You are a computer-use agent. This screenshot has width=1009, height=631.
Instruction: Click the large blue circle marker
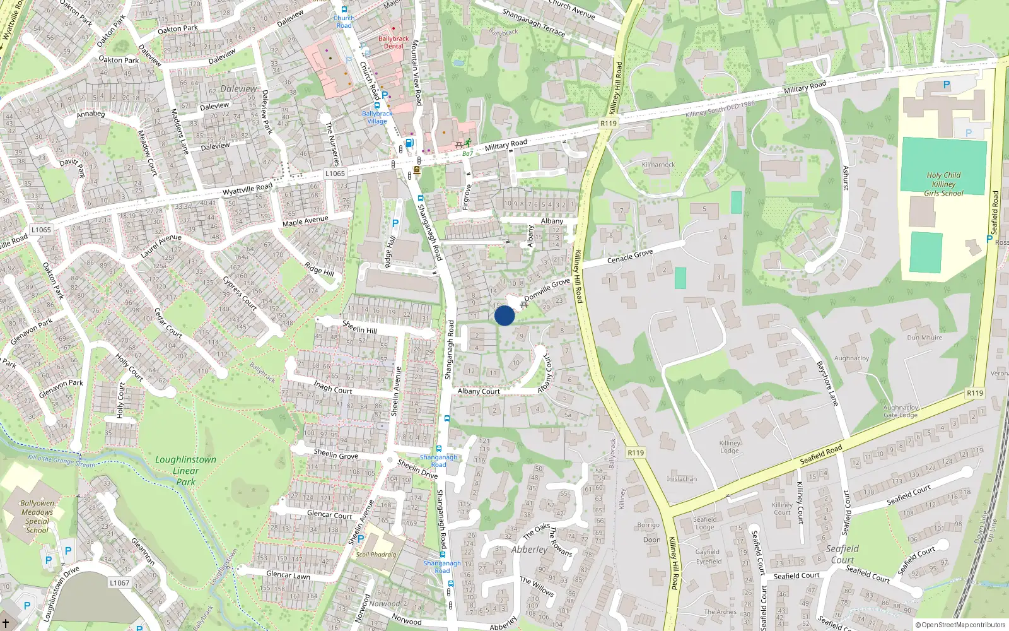[x=504, y=315]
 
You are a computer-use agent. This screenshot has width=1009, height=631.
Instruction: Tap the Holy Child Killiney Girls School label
[x=943, y=184]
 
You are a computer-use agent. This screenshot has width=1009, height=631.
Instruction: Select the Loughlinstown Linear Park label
[x=185, y=471]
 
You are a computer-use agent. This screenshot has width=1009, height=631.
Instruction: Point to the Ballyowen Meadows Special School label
[x=37, y=517]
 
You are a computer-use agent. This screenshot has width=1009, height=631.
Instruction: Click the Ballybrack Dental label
[x=394, y=42]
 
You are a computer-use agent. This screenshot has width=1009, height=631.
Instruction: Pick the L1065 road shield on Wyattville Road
[x=335, y=174]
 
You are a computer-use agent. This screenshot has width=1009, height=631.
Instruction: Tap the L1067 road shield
[x=119, y=582]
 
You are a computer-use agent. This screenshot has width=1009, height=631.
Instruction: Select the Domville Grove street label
[x=547, y=290]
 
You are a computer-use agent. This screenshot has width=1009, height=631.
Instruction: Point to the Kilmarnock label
[x=658, y=165]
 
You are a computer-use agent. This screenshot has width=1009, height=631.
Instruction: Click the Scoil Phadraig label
[x=376, y=555]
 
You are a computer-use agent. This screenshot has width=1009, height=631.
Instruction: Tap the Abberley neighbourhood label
[x=530, y=550]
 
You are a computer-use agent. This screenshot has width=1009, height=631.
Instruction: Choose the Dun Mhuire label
[x=924, y=338]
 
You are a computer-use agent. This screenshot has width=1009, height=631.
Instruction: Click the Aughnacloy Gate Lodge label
[x=901, y=411]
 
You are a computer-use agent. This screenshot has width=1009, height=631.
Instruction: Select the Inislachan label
[x=682, y=479]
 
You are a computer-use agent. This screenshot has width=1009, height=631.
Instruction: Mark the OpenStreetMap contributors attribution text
[x=960, y=625]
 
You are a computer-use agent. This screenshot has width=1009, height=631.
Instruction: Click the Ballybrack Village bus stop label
[x=377, y=117]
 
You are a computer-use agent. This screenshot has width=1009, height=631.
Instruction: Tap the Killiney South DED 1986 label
[x=720, y=109]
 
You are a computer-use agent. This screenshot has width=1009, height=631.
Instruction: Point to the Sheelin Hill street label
[x=359, y=327]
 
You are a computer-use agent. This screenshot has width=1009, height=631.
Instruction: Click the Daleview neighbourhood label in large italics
[x=238, y=89]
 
